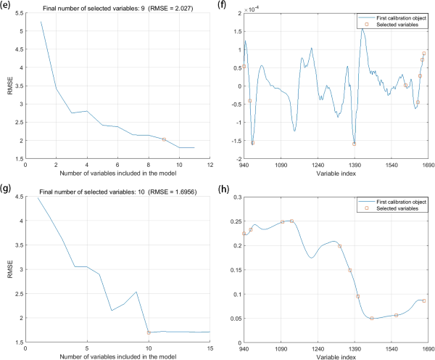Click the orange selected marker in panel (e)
(x=165, y=139)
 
